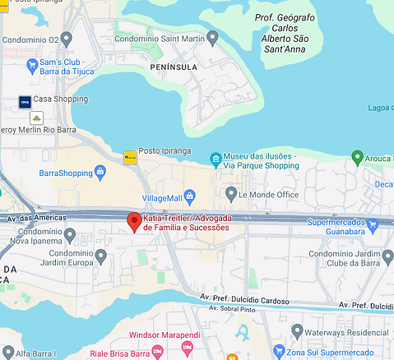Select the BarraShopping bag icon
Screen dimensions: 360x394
tap(100, 172)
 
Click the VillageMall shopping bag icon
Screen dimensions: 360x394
tap(190, 195)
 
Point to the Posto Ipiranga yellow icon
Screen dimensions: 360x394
tap(129, 156)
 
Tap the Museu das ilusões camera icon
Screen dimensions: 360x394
tap(215, 158)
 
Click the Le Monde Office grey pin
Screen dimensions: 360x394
tap(231, 195)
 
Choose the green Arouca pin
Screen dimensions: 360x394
tap(357, 156)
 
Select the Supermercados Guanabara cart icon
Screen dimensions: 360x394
tap(373, 222)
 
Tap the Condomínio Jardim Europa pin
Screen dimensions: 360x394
tap(100, 256)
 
